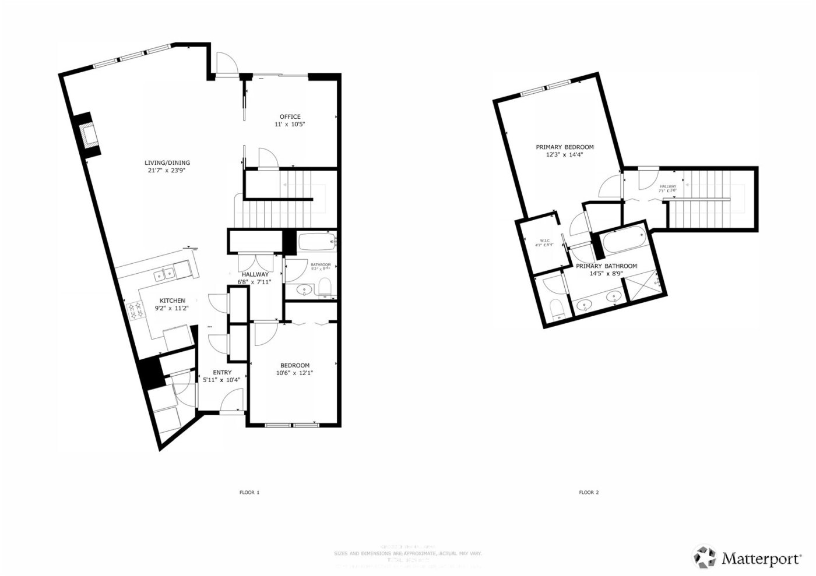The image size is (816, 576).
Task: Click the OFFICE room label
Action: (290, 116)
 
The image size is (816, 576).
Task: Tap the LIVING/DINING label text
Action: (167, 163)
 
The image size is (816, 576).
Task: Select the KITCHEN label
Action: (173, 300)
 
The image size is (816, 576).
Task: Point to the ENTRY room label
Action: (222, 373)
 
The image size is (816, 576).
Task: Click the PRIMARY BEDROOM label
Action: (564, 147)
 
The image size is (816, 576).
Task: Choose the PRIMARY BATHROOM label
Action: (606, 266)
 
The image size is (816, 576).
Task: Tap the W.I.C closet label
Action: (545, 241)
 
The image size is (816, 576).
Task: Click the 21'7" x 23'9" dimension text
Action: (167, 171)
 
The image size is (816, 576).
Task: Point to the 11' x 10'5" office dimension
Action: (290, 124)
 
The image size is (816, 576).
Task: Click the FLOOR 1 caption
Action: (249, 492)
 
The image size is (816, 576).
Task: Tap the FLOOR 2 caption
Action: (589, 492)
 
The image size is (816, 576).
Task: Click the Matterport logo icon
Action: (704, 557)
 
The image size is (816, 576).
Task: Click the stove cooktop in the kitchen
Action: (135, 309)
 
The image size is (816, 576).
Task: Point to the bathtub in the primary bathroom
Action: (623, 242)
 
